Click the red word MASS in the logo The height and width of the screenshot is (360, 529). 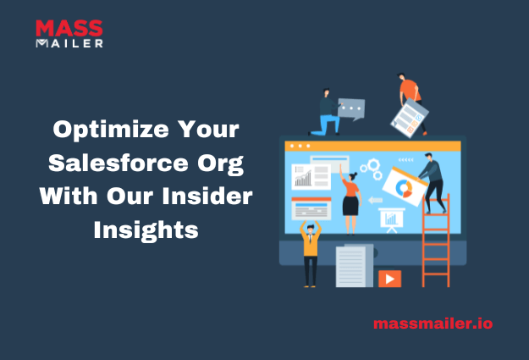click(x=69, y=28)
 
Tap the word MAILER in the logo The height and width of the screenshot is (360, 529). click(x=69, y=43)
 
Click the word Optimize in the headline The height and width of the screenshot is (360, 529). click(x=111, y=130)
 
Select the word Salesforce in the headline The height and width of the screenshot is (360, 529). click(x=118, y=163)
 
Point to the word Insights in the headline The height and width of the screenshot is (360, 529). click(x=146, y=230)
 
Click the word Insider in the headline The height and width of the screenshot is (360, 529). click(x=207, y=197)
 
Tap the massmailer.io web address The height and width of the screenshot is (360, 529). click(x=433, y=324)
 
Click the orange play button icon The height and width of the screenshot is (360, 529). click(x=389, y=279)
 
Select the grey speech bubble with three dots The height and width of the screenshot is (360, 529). click(x=351, y=109)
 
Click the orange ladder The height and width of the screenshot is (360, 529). click(x=436, y=241)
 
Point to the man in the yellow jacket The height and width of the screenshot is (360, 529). click(x=311, y=253)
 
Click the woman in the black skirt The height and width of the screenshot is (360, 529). click(x=350, y=199)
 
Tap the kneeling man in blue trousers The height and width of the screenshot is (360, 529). click(x=326, y=113)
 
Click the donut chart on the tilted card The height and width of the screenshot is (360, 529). click(x=404, y=188)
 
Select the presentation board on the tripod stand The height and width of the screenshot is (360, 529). click(x=392, y=219)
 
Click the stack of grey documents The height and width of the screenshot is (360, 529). click(x=355, y=266)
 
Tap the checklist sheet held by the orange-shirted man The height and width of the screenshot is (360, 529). click(x=409, y=118)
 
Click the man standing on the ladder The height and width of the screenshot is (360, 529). click(x=433, y=183)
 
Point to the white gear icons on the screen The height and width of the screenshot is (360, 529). click(x=372, y=169)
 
